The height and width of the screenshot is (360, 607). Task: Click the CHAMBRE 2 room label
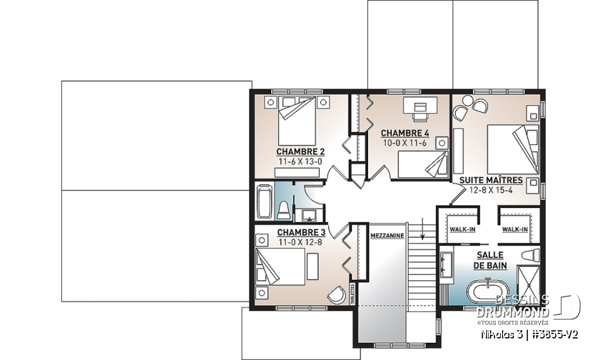pos(300,152)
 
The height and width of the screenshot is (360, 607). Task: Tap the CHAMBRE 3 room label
pos(300,232)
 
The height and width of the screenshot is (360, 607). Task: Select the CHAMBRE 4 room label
pos(405,133)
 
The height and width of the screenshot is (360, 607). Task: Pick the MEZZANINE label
pos(387,235)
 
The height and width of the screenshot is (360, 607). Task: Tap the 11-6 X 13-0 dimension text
pos(300,161)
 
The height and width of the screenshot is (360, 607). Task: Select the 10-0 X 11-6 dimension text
pos(405,143)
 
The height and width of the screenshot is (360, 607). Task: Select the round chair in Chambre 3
pos(337,293)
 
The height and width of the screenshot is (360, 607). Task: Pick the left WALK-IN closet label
pos(462,229)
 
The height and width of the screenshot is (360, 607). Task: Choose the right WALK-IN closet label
pos(516,229)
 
